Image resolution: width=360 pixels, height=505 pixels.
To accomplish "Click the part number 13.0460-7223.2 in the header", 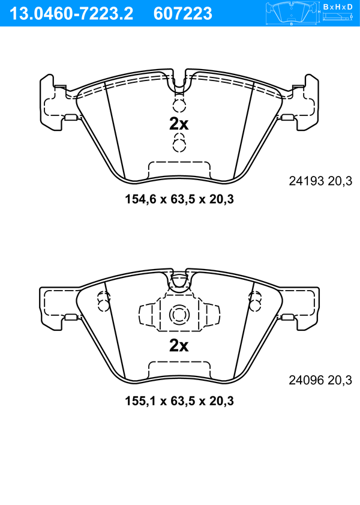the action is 71,14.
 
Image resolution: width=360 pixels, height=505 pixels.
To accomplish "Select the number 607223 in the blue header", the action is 183,14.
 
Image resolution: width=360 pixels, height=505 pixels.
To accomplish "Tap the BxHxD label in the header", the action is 338,7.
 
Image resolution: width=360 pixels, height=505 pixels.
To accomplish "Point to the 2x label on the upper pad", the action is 179,124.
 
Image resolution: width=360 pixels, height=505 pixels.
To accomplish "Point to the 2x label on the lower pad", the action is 179,346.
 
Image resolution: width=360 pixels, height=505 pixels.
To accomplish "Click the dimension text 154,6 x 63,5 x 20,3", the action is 179,199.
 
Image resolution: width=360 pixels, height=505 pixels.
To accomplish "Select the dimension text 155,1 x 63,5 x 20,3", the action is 179,401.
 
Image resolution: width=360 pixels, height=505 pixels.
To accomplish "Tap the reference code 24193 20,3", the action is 320,181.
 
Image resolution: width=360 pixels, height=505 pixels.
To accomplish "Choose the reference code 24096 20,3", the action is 320,380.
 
